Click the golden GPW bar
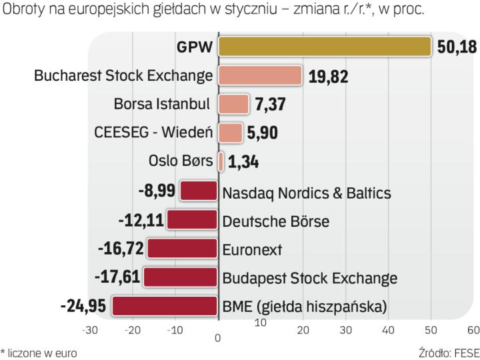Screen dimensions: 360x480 click(x=325, y=47)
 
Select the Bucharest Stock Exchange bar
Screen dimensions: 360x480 click(x=260, y=76)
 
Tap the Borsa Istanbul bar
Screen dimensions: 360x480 click(x=233, y=104)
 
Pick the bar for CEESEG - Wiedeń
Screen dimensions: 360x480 click(x=231, y=133)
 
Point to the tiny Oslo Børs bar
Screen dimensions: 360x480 click(x=221, y=161)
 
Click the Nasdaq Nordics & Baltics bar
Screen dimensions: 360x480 click(x=199, y=191)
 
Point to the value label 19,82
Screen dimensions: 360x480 click(x=329, y=76)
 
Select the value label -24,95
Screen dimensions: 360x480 click(x=83, y=307)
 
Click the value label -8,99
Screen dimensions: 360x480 click(x=157, y=191)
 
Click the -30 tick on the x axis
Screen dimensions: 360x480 click(x=90, y=330)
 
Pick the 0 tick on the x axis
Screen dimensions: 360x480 click(x=218, y=339)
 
